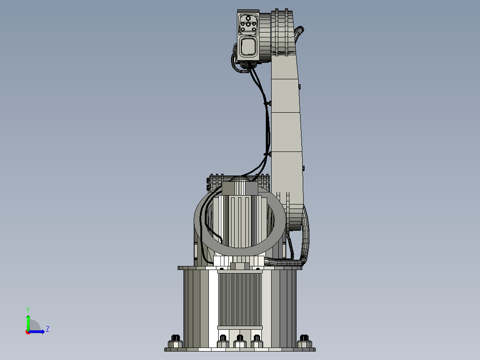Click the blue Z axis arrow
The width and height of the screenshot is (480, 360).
click(x=38, y=331)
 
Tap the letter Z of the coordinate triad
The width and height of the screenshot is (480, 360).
click(x=48, y=329)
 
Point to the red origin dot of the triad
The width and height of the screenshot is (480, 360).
click(x=28, y=331)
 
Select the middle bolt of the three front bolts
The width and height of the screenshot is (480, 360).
click(x=240, y=341)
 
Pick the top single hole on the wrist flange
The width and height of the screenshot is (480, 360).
click(x=248, y=18)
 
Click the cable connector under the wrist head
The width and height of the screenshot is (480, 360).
click(x=248, y=65)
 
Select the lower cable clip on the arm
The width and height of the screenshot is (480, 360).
click(x=267, y=154)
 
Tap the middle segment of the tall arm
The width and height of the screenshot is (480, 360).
click(x=286, y=131)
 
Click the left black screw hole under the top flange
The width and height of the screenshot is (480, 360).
click(x=222, y=269)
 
